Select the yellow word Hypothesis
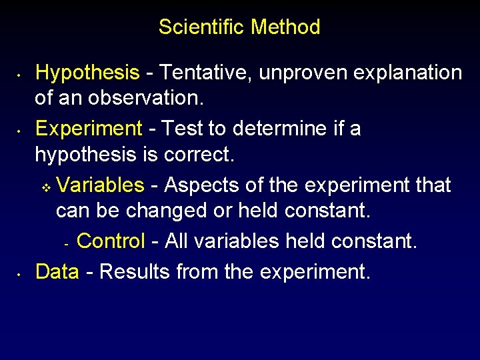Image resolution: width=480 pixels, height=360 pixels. [87, 73]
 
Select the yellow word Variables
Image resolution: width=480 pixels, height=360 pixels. [101, 185]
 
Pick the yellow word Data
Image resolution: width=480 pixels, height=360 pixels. [57, 271]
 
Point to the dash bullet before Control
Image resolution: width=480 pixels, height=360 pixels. [67, 243]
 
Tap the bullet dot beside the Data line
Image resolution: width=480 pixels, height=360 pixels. [21, 273]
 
